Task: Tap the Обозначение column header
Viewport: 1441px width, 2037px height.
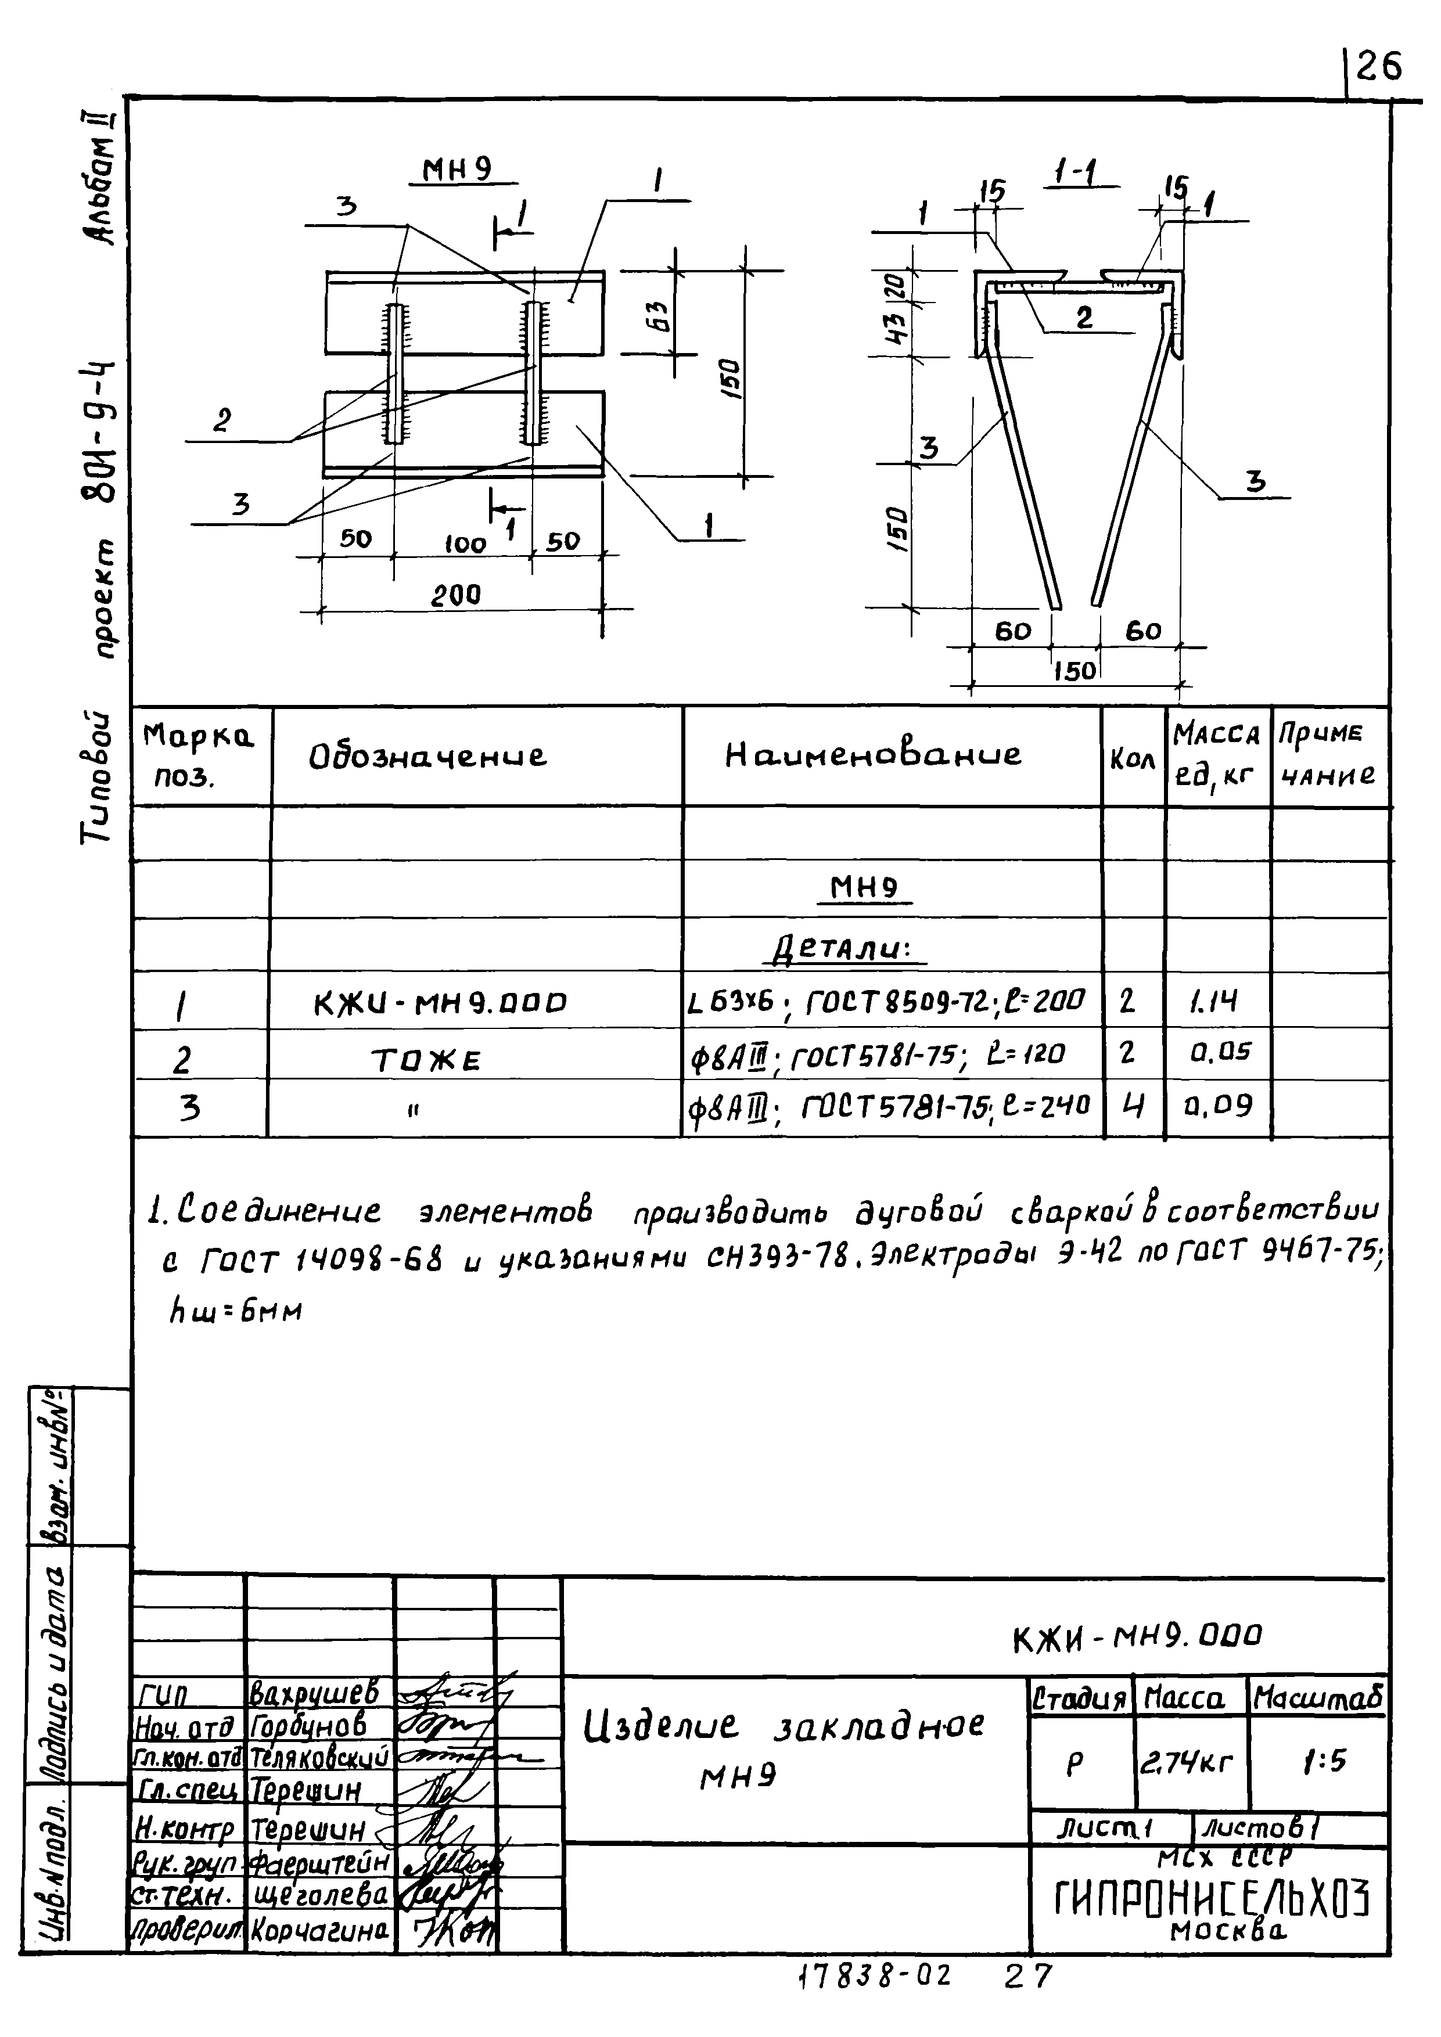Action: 427,756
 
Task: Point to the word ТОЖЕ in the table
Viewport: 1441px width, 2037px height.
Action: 426,1059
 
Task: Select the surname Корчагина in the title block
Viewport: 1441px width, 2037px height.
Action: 319,1931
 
